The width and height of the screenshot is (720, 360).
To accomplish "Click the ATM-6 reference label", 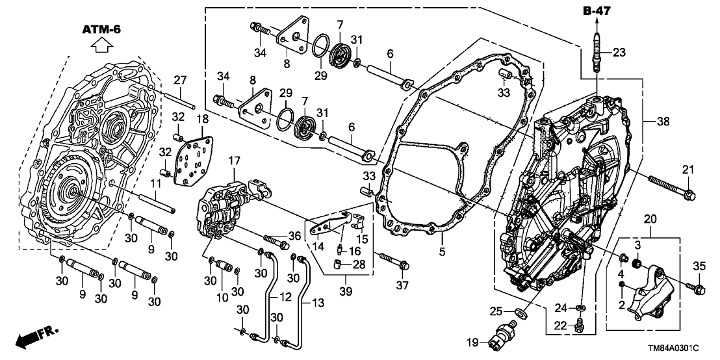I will coord(102,29).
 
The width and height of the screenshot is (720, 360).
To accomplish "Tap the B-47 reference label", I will coord(597,10).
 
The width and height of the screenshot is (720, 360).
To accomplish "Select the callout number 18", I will coord(202,119).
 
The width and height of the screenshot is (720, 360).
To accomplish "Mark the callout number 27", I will coord(180,79).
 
